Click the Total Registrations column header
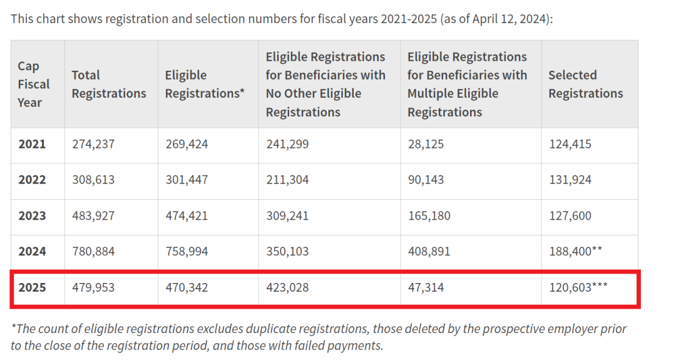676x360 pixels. pyautogui.click(x=108, y=84)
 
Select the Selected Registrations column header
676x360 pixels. pyautogui.click(x=585, y=84)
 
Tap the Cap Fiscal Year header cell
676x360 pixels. pyautogui.click(x=33, y=84)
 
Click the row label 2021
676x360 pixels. pyautogui.click(x=32, y=144)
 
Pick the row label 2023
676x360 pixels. pyautogui.click(x=32, y=216)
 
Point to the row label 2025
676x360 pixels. pyautogui.click(x=32, y=288)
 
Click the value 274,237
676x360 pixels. pyautogui.click(x=93, y=144)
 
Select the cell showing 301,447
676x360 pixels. pyautogui.click(x=187, y=180)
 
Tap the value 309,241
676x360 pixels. pyautogui.click(x=287, y=216)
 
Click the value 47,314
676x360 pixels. pyautogui.click(x=426, y=288)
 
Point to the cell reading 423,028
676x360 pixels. pyautogui.click(x=287, y=288)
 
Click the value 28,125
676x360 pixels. pyautogui.click(x=426, y=144)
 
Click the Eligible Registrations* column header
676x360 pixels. pyautogui.click(x=204, y=84)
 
